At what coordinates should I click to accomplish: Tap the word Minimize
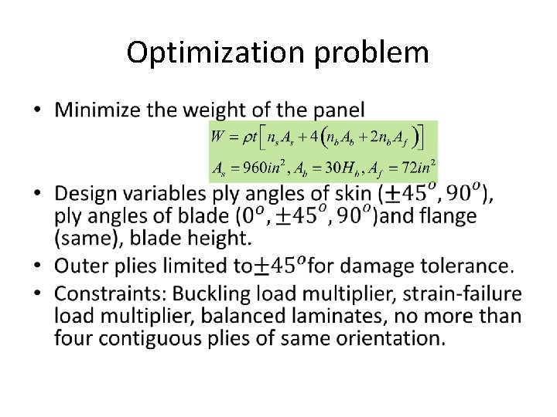[x=97, y=110]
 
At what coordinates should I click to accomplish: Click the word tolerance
[x=473, y=266]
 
